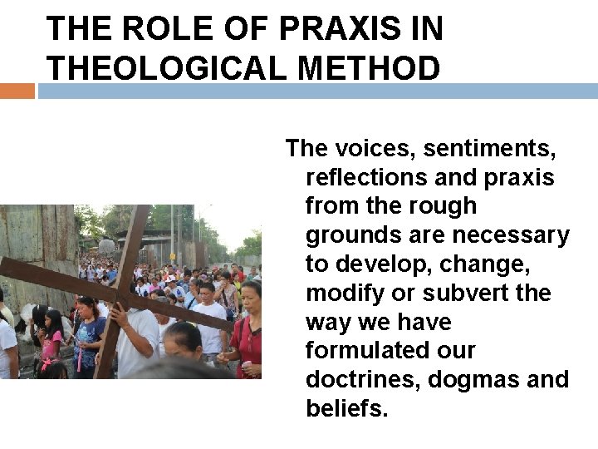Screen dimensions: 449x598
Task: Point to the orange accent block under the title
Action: [17, 91]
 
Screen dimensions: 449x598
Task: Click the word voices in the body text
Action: [373, 150]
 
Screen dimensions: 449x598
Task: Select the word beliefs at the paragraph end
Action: [347, 408]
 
